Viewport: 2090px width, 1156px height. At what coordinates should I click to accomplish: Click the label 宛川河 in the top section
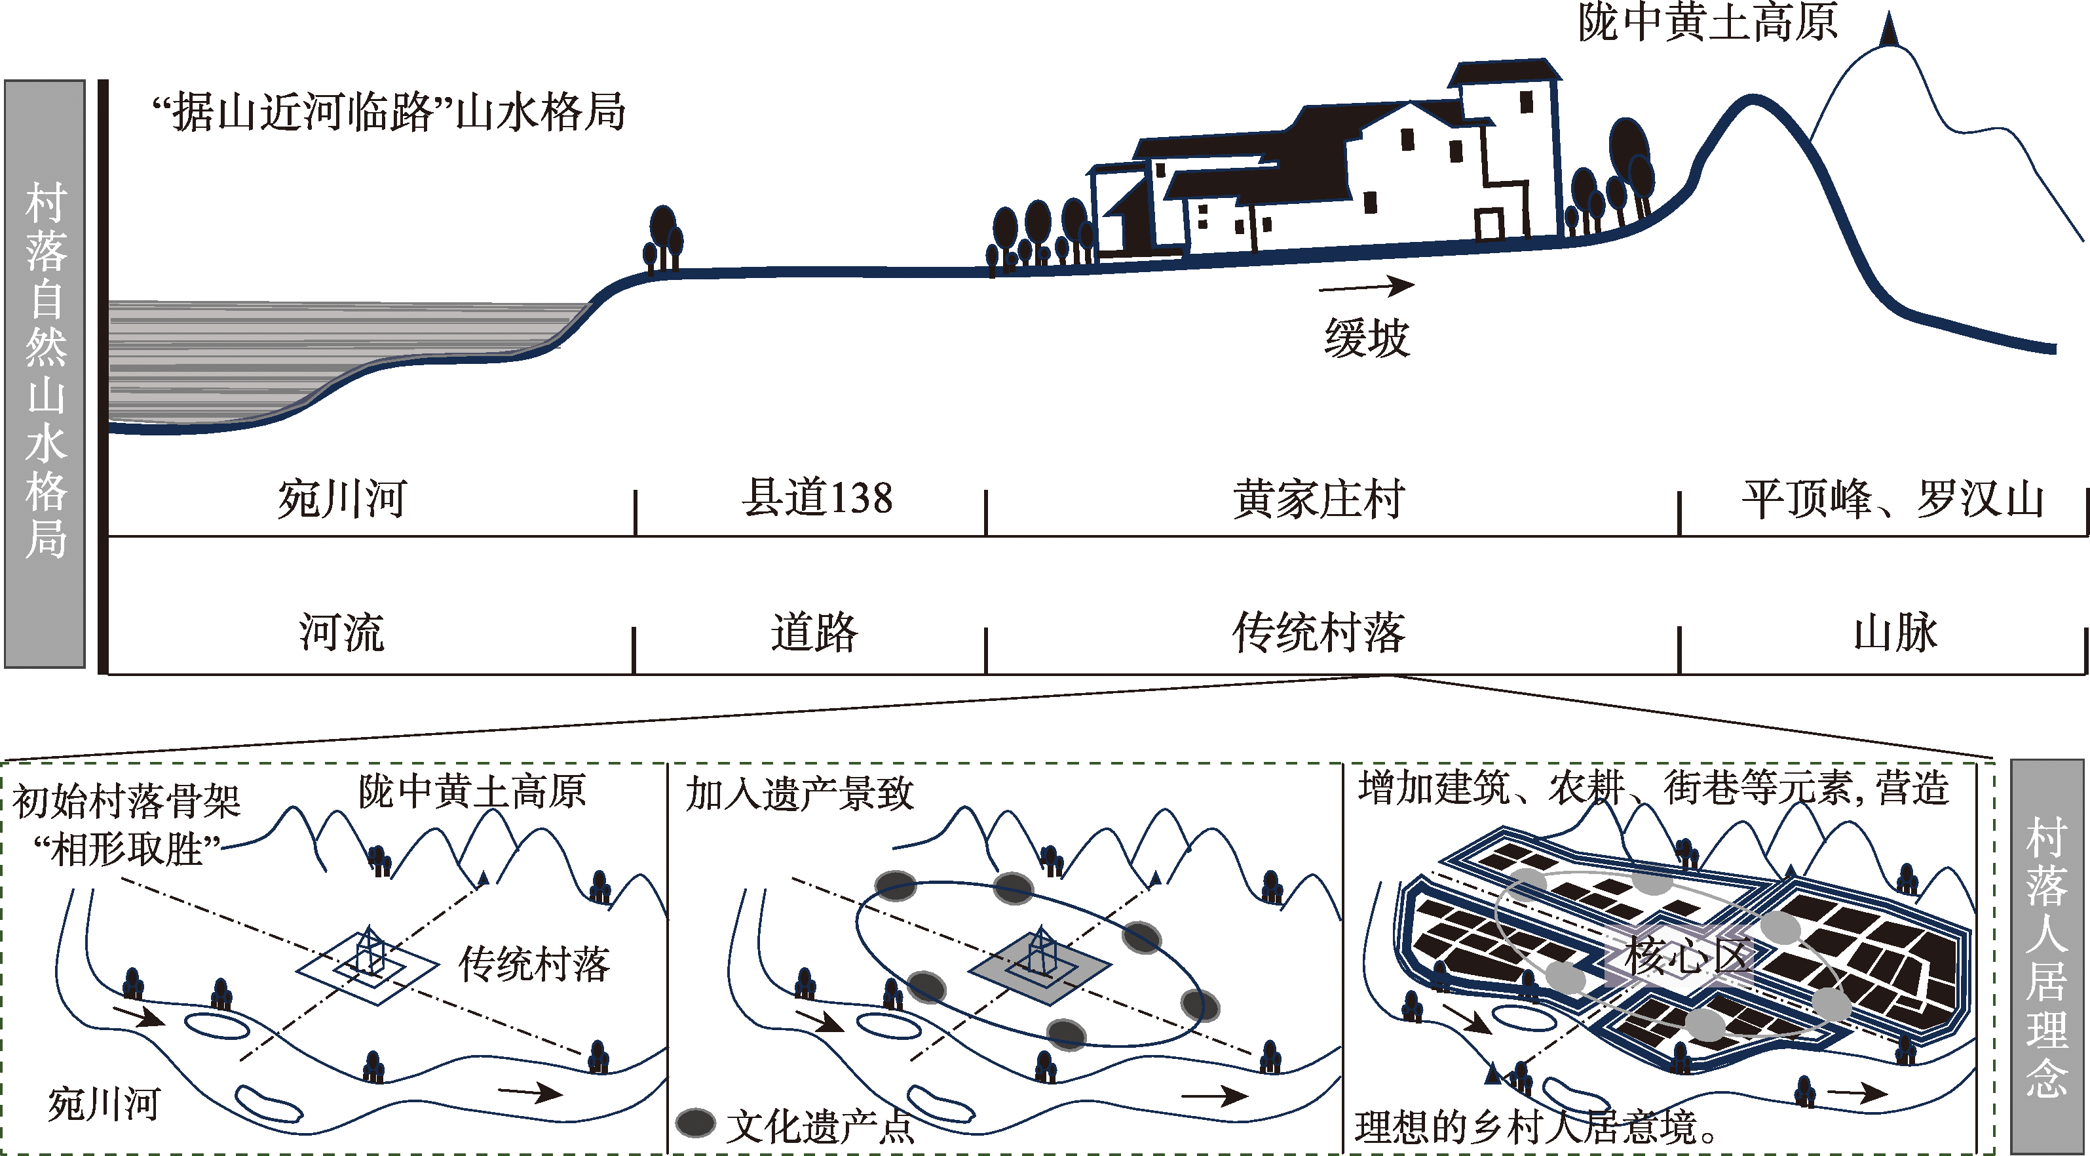point(341,499)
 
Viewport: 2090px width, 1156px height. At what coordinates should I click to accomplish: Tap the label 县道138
point(817,498)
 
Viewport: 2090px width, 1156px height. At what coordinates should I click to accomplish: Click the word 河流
point(341,632)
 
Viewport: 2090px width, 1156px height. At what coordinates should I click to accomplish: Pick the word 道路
point(814,632)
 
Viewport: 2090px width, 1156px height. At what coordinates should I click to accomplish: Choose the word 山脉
point(1895,632)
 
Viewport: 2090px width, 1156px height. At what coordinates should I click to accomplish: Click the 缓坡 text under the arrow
point(1367,338)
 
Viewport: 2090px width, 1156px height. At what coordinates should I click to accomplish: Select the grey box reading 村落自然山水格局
point(45,374)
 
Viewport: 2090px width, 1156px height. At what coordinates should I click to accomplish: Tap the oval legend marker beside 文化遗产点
point(695,1123)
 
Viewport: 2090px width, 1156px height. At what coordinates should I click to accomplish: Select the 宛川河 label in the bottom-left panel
point(104,1105)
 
